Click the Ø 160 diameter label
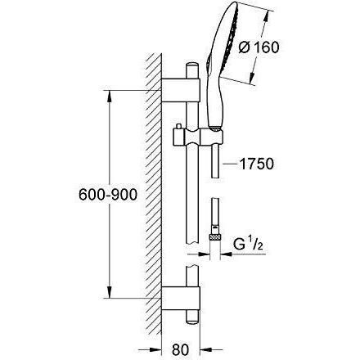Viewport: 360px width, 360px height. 259,47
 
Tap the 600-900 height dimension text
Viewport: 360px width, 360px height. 108,195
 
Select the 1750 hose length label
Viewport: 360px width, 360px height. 256,164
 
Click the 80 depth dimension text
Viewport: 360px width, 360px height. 181,349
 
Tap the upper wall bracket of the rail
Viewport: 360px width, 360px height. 181,91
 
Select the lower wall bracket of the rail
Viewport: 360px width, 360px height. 181,299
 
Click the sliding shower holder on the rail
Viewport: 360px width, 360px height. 198,137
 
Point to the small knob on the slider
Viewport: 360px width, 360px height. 178,126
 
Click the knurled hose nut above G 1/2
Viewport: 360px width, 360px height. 215,236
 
